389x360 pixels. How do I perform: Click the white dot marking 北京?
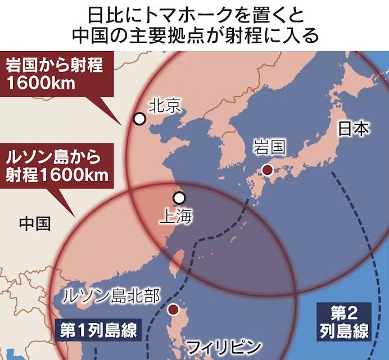[139, 119]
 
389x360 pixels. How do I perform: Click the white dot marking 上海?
[179, 198]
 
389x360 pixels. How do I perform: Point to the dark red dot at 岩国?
[268, 170]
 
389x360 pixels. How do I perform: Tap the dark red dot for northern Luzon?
[174, 309]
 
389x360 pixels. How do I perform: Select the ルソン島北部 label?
[111, 295]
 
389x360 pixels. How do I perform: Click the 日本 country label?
[354, 129]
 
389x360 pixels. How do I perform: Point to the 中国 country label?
[35, 223]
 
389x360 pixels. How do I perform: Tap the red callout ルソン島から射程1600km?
[55, 164]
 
